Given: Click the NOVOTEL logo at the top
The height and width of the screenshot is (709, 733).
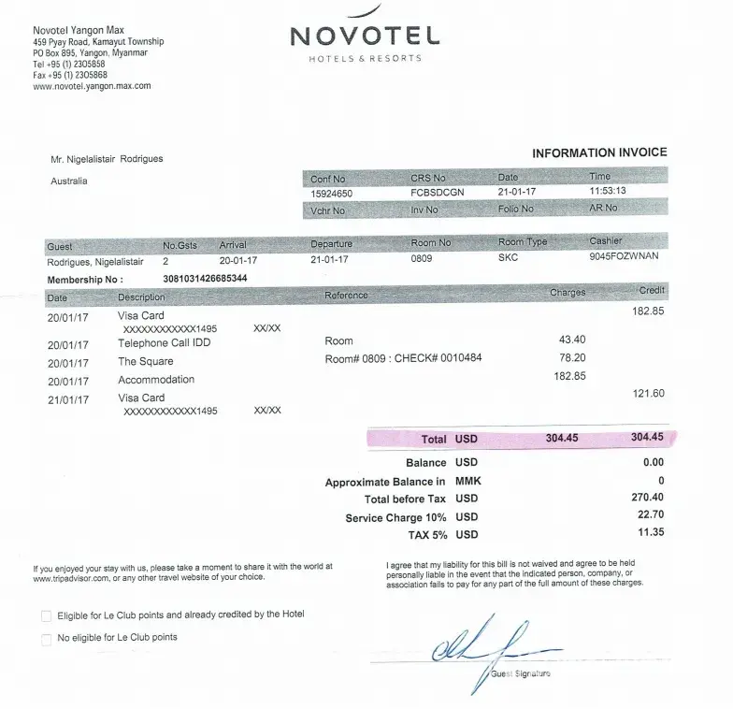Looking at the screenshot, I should [x=365, y=36].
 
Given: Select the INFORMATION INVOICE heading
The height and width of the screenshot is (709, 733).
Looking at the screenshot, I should [x=599, y=152].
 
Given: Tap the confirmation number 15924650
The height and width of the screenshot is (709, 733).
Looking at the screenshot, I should [x=331, y=193].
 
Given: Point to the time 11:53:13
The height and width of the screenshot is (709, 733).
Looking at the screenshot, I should [x=608, y=192].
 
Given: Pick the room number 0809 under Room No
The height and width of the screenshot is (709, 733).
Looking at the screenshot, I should [x=422, y=259].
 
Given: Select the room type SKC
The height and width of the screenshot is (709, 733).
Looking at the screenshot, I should [x=509, y=258].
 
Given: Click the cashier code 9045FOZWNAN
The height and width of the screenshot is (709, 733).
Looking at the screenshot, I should [x=624, y=257].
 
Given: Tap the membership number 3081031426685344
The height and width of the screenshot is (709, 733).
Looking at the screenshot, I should [x=205, y=279].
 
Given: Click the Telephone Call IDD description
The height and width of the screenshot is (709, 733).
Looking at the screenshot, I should [x=164, y=343].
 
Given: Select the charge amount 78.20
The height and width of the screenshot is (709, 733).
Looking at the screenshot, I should [x=572, y=358].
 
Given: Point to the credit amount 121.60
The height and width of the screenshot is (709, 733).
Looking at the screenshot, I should [x=648, y=394].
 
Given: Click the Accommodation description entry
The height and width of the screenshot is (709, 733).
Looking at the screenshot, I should [x=156, y=380].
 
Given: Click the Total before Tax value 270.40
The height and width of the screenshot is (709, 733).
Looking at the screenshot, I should [x=647, y=499].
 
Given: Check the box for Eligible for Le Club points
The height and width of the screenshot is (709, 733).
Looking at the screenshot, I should [x=47, y=615].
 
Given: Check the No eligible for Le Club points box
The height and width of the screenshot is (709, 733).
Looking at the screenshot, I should [x=47, y=639].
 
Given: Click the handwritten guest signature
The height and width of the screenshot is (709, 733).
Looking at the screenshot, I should [x=486, y=643].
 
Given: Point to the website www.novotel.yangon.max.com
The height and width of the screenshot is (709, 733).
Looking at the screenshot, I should [x=92, y=86].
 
